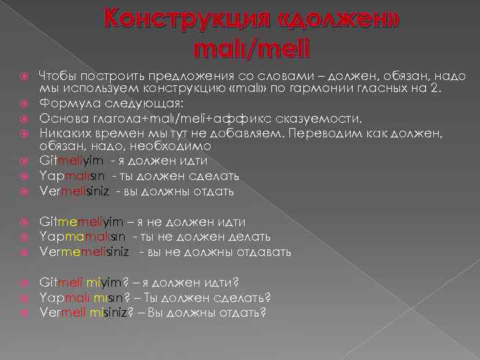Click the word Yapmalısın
pos(72,176)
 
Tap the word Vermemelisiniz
pos(87,253)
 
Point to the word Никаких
pos(65,133)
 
